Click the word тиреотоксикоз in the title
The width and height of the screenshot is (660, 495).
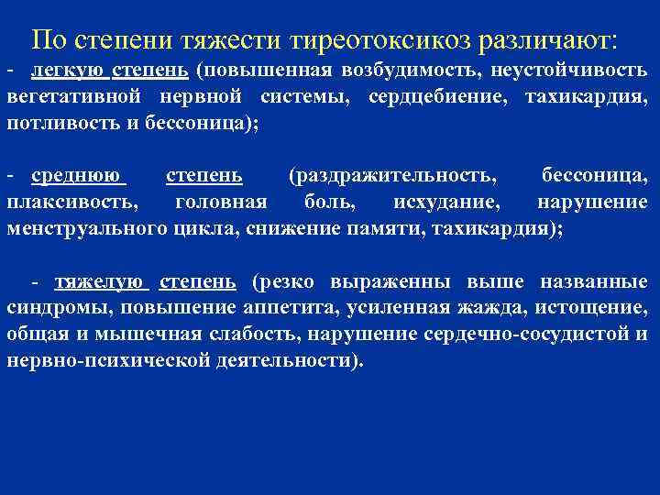(x=376, y=39)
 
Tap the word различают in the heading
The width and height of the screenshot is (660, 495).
(x=542, y=39)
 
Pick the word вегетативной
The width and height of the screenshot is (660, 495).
(x=66, y=97)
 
